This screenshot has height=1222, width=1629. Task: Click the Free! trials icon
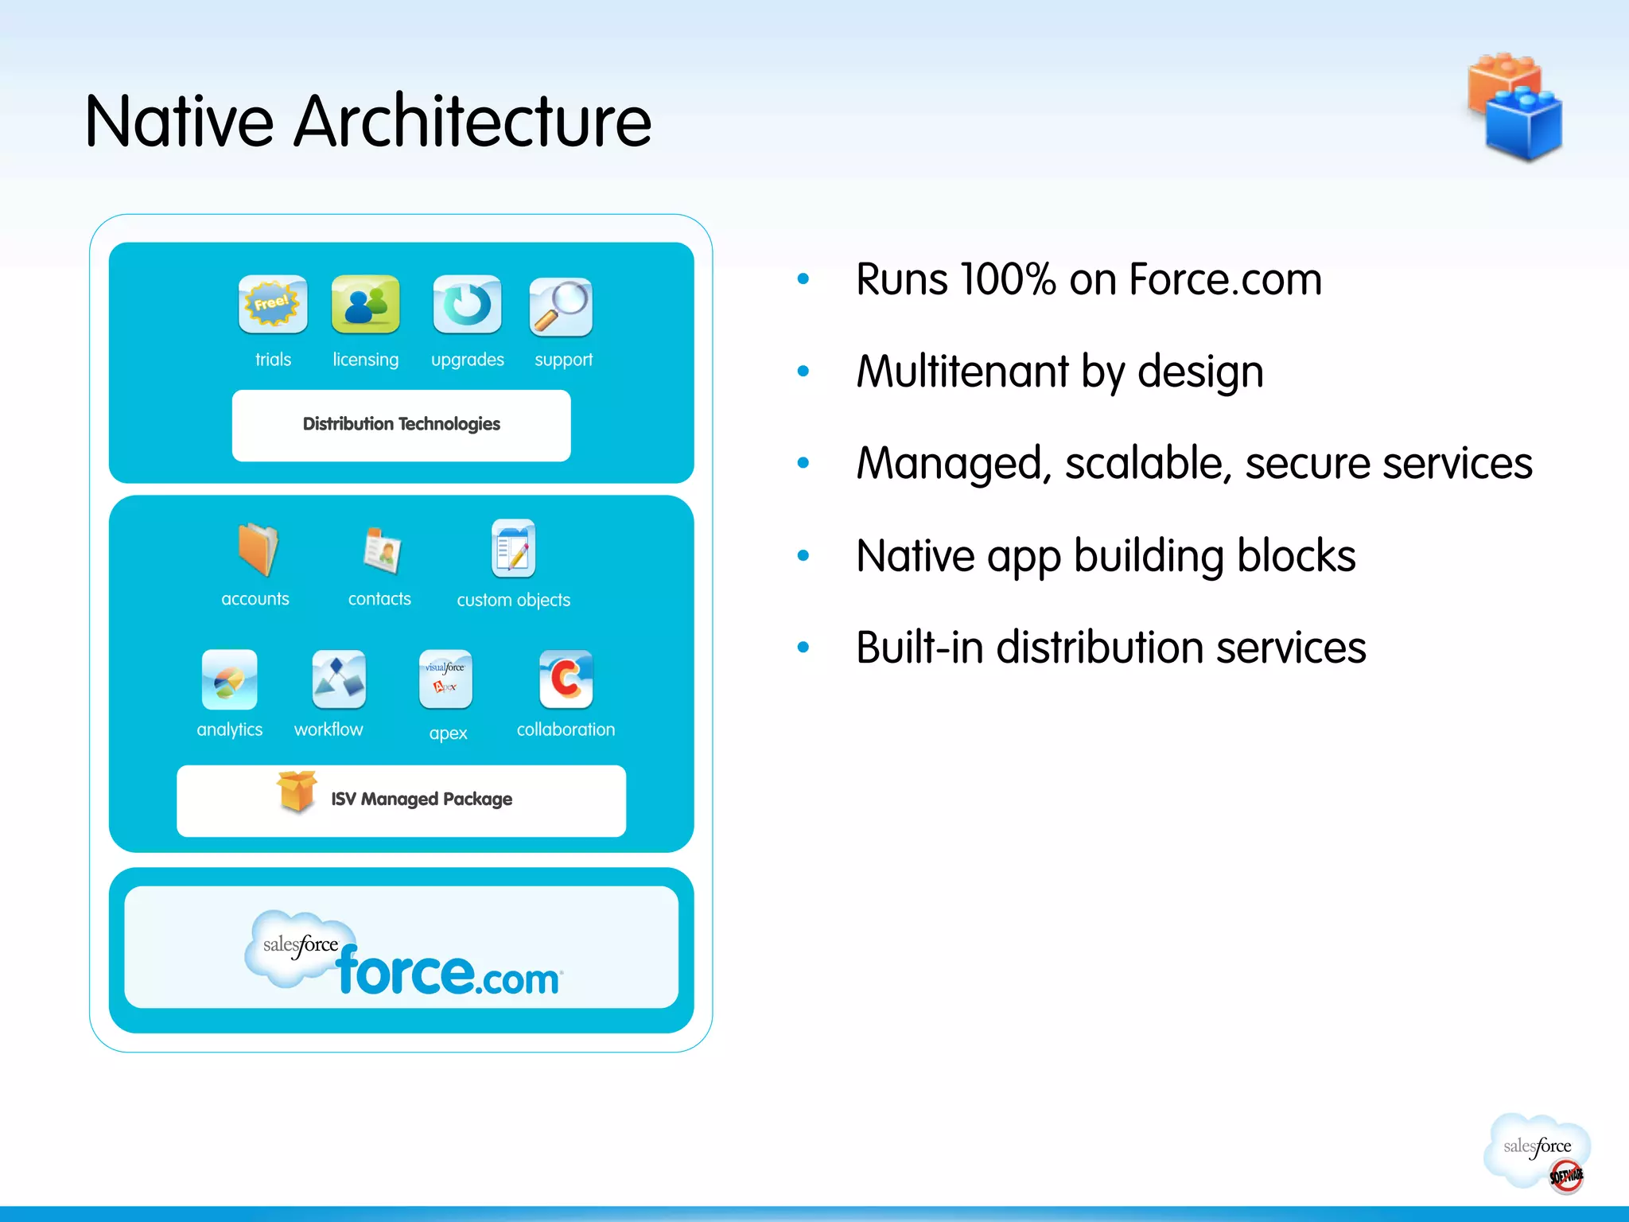(272, 304)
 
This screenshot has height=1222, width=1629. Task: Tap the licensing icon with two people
(365, 304)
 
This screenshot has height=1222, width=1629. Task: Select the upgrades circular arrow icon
(467, 304)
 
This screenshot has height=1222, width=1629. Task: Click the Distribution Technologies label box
(401, 425)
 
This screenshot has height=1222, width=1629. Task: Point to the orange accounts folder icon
(258, 549)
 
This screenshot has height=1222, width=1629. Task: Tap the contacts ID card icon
(382, 550)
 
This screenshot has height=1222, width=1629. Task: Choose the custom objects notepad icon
(513, 548)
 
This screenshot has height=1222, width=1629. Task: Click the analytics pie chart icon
(229, 679)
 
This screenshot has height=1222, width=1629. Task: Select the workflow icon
(339, 679)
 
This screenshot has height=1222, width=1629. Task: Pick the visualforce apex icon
(445, 679)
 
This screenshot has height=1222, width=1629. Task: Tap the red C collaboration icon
(566, 679)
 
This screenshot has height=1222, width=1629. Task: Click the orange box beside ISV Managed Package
(297, 792)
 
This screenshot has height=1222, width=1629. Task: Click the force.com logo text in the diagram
(448, 972)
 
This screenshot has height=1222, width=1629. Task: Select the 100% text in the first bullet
(1008, 280)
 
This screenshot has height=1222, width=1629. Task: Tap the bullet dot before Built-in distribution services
(803, 648)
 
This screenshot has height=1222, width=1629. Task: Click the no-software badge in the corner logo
(1565, 1176)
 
